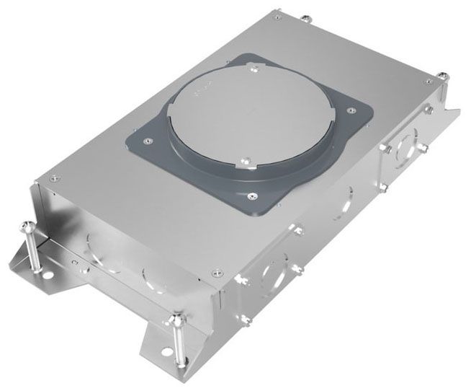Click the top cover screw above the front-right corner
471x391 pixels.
(218, 272)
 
